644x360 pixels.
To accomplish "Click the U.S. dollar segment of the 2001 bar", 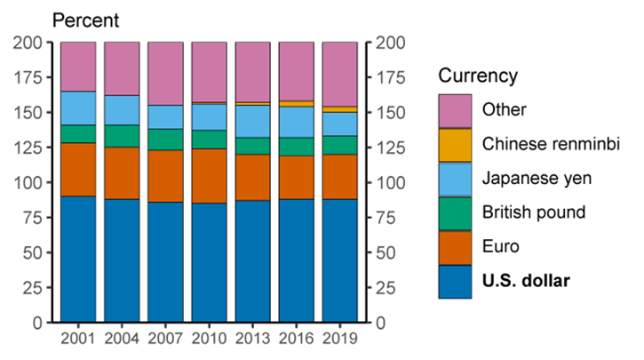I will coord(78,259).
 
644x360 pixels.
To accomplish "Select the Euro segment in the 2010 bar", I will coord(209,176).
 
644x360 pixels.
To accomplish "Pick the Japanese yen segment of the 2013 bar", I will coord(252,121).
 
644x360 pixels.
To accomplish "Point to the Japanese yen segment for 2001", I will coord(78,108).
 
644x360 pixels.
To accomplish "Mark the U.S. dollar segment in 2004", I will coord(122,260).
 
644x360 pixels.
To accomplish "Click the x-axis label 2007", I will coord(165,339).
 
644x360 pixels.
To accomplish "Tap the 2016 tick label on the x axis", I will coord(296,339).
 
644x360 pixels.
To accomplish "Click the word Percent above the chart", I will coord(86,20).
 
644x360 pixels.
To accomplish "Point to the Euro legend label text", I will coord(501,247).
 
